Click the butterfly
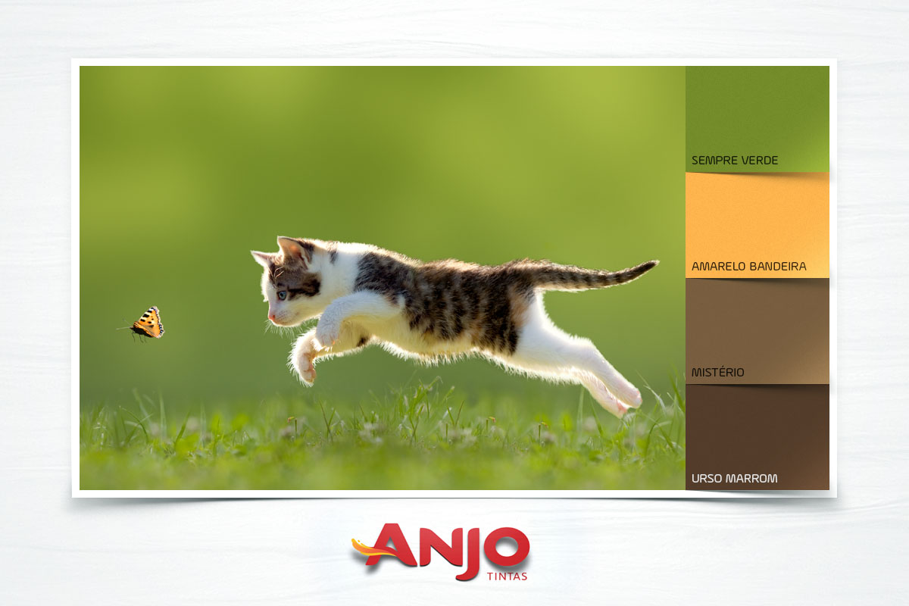pyautogui.click(x=145, y=323)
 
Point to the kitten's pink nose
pyautogui.click(x=270, y=317)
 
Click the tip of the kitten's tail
pyautogui.click(x=654, y=264)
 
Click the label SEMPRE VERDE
pyautogui.click(x=735, y=161)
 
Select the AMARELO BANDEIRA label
pyautogui.click(x=748, y=267)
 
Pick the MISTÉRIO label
pyautogui.click(x=717, y=372)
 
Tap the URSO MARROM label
pyautogui.click(x=735, y=479)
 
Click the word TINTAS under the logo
pyautogui.click(x=507, y=576)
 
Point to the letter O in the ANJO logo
pyautogui.click(x=506, y=548)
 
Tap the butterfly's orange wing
pyautogui.click(x=149, y=321)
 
